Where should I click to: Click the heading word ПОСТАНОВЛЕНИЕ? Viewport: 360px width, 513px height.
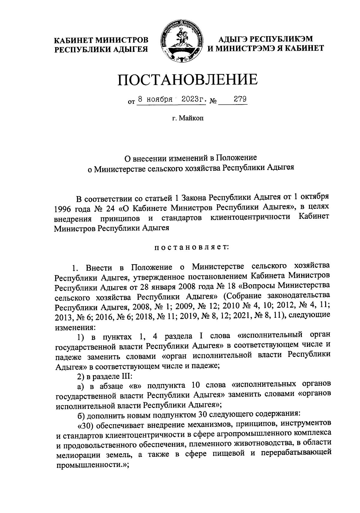[187, 79]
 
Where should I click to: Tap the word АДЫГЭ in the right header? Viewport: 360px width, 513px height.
[233, 39]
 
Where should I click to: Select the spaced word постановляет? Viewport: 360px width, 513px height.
[192, 247]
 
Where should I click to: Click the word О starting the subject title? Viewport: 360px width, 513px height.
[127, 157]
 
